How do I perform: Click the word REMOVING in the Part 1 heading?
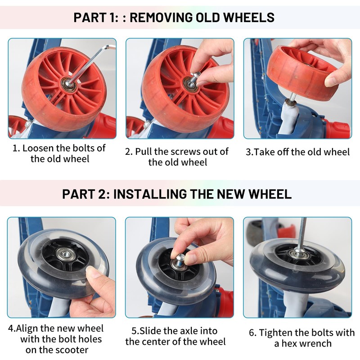pos(161,18)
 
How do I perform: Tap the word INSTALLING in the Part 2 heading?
pos(150,194)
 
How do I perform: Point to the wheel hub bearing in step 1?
pos(69,84)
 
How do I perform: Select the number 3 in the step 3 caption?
pos(248,152)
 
